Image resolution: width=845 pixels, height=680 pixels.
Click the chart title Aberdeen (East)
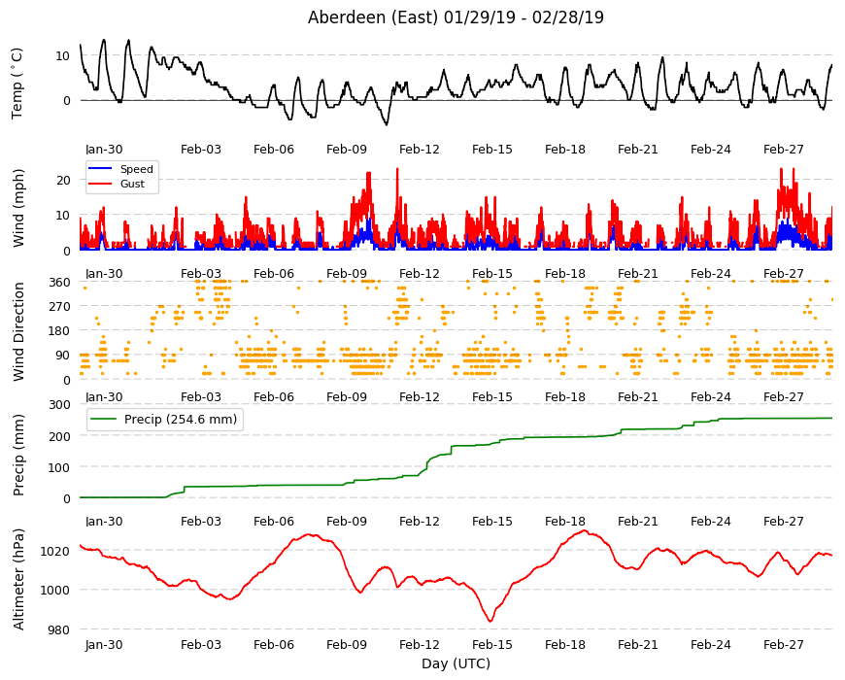(372, 17)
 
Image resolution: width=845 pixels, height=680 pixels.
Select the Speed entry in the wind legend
(136, 169)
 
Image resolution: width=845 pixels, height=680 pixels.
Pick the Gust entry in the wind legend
(132, 184)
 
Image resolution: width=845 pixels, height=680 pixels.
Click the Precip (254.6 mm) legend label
(181, 420)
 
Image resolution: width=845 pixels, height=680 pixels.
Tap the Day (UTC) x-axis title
(456, 663)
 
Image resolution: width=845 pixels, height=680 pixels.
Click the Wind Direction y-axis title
(18, 331)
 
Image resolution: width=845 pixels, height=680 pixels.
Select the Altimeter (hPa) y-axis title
(18, 579)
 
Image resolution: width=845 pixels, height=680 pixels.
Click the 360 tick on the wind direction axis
(60, 282)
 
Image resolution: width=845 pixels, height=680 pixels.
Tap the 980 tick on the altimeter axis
(59, 629)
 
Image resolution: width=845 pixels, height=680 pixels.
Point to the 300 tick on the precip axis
(60, 405)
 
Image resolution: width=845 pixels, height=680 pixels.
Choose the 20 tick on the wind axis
(63, 180)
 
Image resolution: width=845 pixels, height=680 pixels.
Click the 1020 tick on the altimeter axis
(55, 551)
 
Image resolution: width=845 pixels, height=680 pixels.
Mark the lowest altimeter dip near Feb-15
(490, 622)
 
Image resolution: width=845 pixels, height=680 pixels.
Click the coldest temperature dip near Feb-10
(386, 124)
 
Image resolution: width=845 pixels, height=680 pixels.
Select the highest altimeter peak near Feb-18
(586, 530)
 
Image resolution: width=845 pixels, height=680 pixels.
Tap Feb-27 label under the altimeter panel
(783, 644)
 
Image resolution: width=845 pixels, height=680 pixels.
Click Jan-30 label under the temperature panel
(104, 150)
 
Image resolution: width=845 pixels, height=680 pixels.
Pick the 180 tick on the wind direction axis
(60, 331)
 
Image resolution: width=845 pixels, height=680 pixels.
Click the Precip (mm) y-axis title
(18, 455)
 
